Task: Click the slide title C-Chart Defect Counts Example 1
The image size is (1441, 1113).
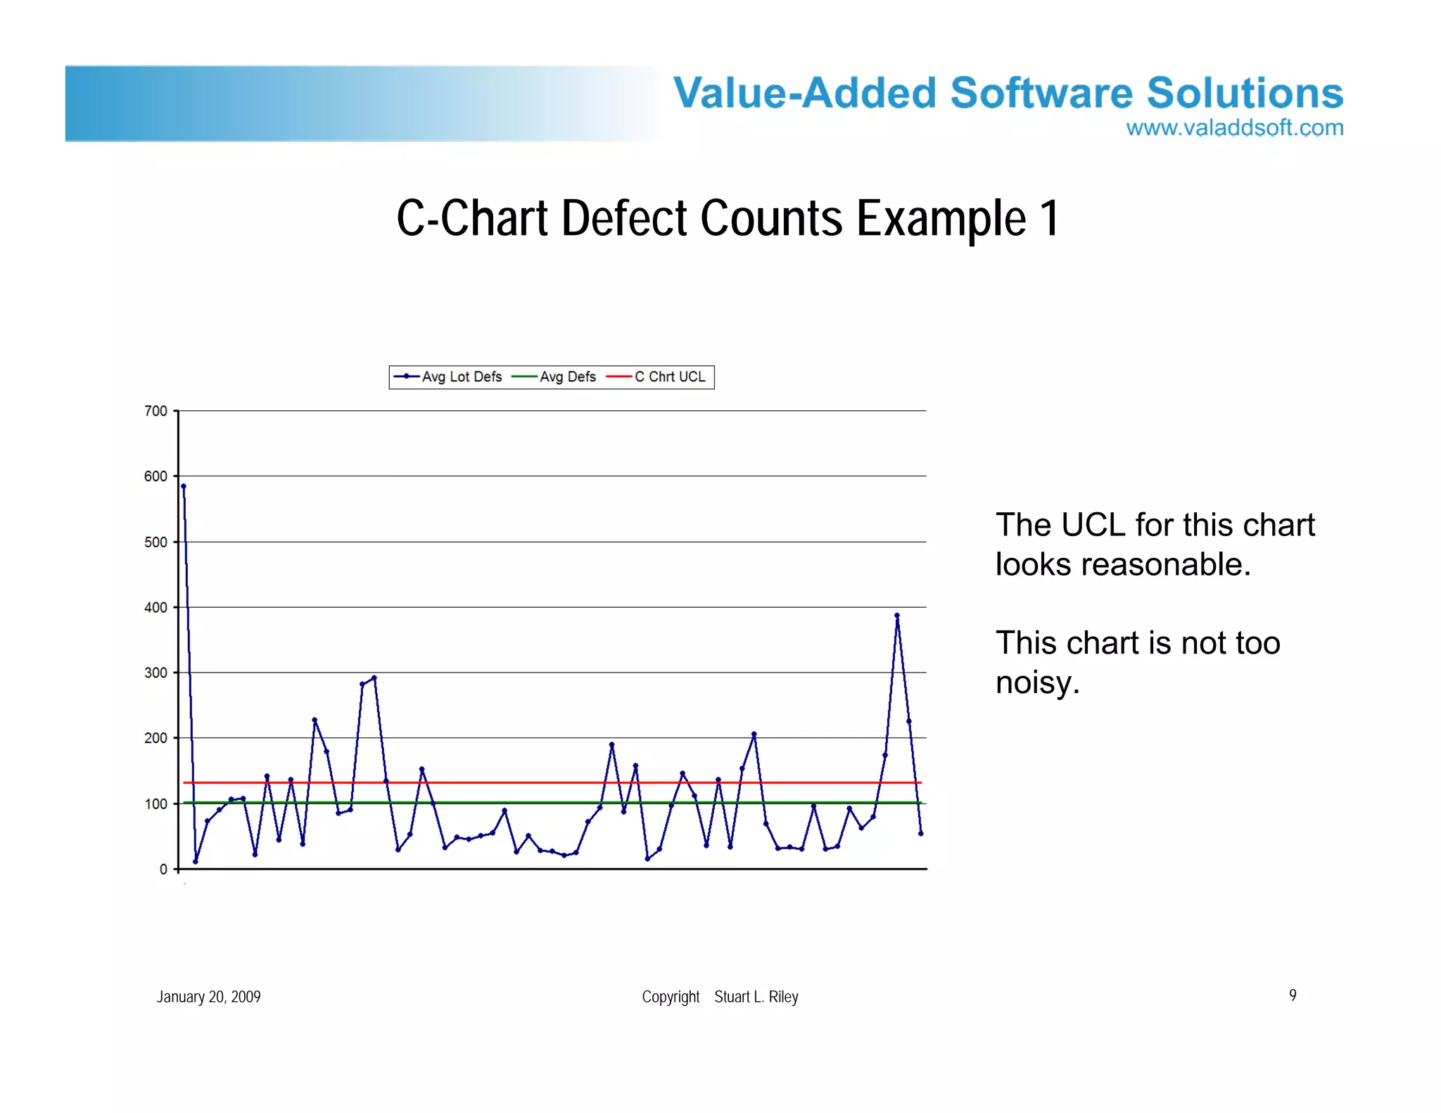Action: click(x=728, y=218)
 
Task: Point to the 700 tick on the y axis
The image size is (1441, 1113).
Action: click(x=155, y=411)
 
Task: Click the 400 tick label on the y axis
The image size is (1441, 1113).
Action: click(x=155, y=607)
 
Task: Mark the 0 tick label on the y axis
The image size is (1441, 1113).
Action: click(x=163, y=870)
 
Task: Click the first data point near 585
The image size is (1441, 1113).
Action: click(x=184, y=486)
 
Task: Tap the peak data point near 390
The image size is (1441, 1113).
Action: click(x=897, y=616)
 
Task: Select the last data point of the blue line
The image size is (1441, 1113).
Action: click(x=921, y=834)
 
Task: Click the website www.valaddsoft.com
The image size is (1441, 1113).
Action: click(x=1234, y=128)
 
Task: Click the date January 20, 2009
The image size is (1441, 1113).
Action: click(x=208, y=997)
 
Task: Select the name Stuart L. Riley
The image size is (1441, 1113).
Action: click(x=756, y=997)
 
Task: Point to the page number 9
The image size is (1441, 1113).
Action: click(x=1293, y=995)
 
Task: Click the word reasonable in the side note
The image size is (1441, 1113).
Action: click(x=1166, y=565)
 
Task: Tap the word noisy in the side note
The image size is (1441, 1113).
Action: click(x=1037, y=683)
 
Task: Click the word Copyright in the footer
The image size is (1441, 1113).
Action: click(x=671, y=997)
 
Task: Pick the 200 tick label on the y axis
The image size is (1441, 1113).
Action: click(x=155, y=738)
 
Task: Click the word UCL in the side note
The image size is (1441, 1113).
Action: click(x=1093, y=526)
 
